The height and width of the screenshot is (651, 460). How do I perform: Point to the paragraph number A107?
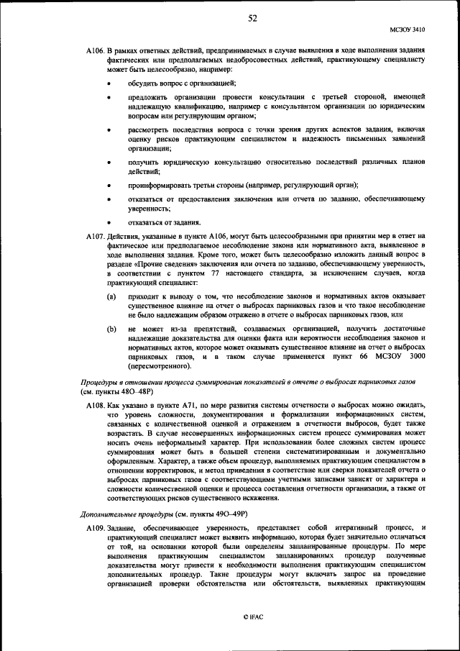[95, 236]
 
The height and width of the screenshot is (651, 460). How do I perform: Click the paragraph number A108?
[95, 406]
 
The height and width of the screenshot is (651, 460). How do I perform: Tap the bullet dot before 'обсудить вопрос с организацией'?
[110, 84]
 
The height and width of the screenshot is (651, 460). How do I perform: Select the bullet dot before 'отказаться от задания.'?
[110, 222]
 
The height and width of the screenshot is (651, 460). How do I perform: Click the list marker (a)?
[111, 296]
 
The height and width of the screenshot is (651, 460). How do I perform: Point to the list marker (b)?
[111, 329]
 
